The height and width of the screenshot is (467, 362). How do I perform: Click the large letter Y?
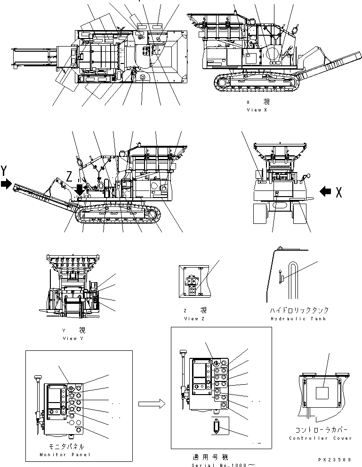click(x=5, y=169)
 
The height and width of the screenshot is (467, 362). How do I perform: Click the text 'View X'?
click(x=257, y=110)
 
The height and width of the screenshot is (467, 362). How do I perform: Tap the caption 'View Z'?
click(x=193, y=318)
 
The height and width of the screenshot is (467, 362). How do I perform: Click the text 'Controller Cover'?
click(x=321, y=438)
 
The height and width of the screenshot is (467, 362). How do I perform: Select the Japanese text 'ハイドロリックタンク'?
click(x=299, y=310)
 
